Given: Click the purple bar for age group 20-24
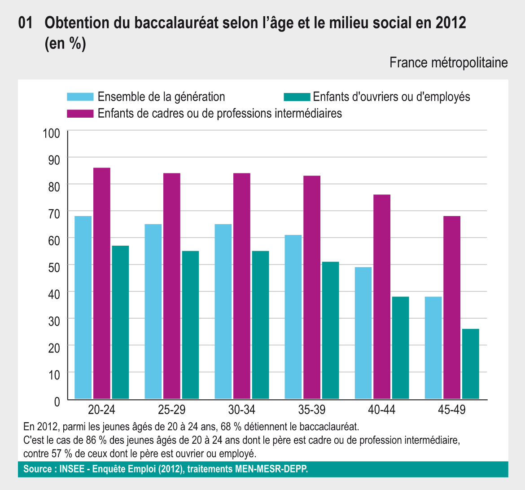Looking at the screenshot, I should (102, 283).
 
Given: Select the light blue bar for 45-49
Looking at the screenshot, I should (433, 348).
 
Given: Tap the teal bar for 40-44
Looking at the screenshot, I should (400, 348).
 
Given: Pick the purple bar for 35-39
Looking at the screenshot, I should (312, 287).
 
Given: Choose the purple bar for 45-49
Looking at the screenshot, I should (452, 307).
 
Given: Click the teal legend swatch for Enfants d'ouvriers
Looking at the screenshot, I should (297, 97).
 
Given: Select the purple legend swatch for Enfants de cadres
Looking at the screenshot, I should (80, 113).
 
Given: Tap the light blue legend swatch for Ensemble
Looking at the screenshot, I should (80, 97).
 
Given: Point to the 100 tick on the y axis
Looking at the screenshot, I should (51, 133).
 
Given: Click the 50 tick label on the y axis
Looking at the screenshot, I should (54, 267).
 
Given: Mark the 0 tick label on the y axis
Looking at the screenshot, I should (57, 402).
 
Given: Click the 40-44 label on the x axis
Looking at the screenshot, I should (381, 410).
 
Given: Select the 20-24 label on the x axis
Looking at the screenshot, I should (101, 410).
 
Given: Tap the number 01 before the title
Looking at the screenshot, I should (26, 23).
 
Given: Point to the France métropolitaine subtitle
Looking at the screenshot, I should (448, 62).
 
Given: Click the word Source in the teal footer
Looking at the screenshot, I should (38, 469).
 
